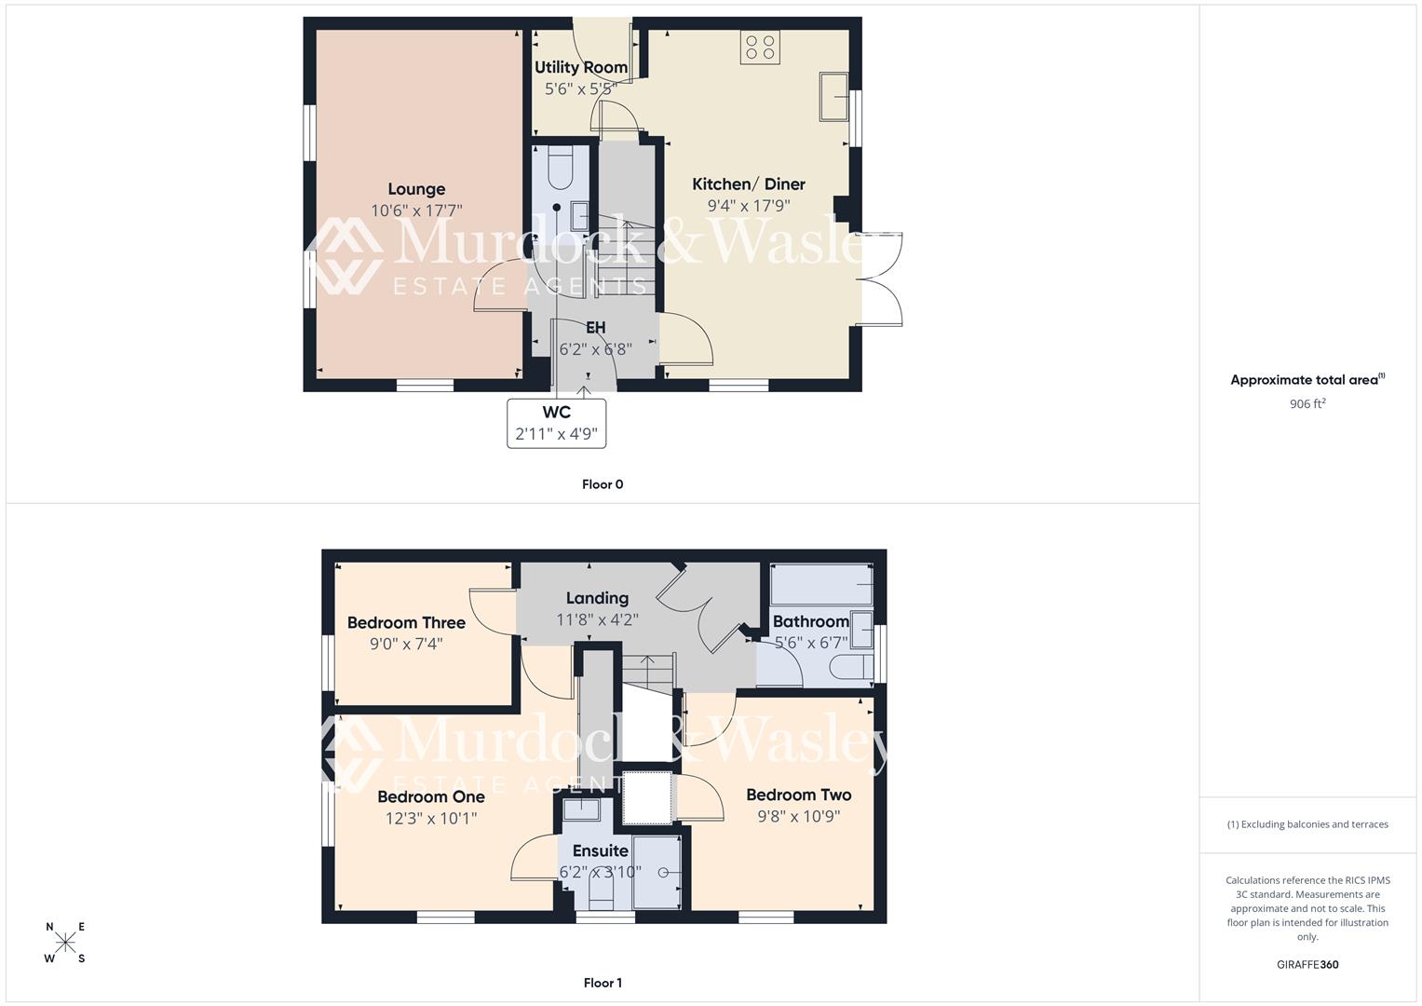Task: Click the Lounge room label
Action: coord(416,189)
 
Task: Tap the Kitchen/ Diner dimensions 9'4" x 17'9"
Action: coord(749,206)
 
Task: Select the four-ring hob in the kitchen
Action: coord(760,48)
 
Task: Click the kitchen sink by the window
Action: coord(833,96)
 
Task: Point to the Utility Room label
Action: coord(580,67)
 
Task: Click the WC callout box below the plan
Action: coord(556,423)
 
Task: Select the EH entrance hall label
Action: coord(595,328)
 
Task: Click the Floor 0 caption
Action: coord(603,484)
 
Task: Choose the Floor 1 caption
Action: coord(603,983)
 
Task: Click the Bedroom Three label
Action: coord(406,622)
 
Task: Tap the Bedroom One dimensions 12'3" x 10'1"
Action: coord(431,819)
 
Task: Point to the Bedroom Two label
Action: coord(798,795)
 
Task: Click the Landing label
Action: coord(597,598)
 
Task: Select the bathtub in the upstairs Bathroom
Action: coord(820,585)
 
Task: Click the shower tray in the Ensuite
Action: coord(657,872)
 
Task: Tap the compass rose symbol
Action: coord(65,943)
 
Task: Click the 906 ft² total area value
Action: coord(1307,404)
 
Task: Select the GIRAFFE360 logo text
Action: coord(1307,965)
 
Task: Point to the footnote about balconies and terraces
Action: coord(1307,824)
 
